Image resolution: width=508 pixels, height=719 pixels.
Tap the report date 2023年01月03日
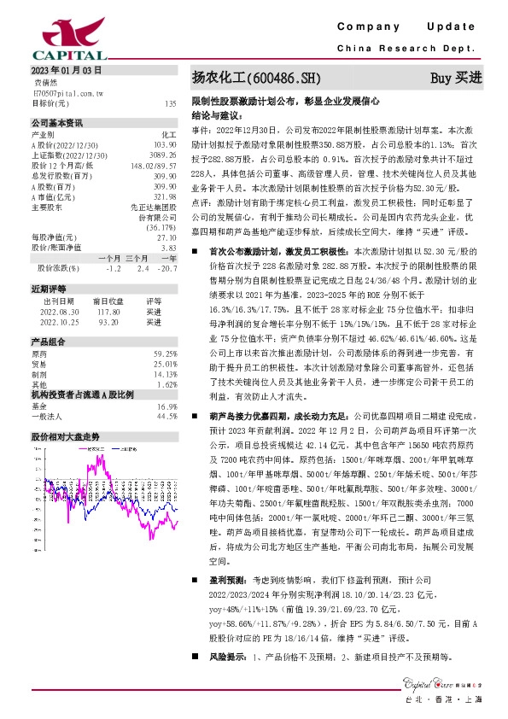coord(66,70)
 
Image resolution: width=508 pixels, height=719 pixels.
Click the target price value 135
coord(171,102)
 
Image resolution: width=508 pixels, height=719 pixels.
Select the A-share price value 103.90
coord(165,145)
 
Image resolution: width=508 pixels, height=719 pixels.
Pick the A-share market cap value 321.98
coord(163,196)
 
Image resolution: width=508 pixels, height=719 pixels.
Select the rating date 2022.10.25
coord(60,323)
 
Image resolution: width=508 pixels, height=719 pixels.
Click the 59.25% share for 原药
coord(165,354)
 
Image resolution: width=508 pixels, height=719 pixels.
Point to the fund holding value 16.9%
coord(166,406)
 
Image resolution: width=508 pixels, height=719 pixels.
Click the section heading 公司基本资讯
coord(58,122)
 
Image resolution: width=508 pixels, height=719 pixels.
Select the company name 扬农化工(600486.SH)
coord(256,79)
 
